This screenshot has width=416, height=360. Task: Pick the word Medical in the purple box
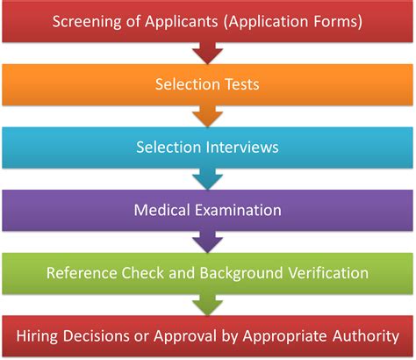coord(161,210)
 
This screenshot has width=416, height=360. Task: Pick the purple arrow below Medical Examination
coord(207,241)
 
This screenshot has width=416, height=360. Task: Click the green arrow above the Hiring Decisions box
coord(207,305)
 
